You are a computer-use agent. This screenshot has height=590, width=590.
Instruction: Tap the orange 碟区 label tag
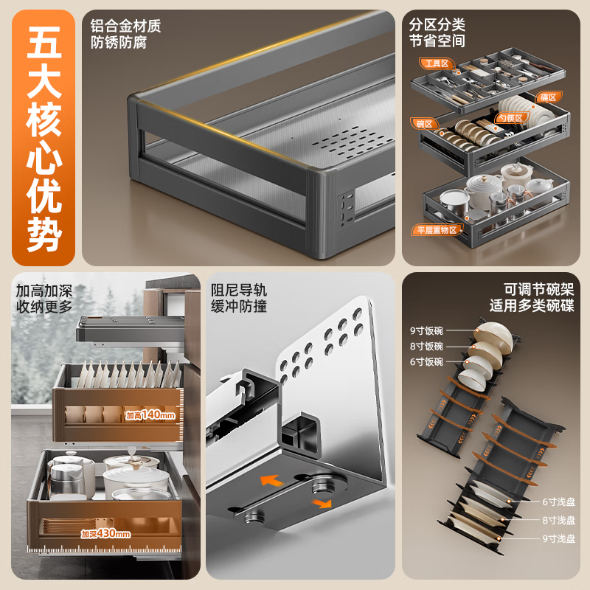coord(548,97)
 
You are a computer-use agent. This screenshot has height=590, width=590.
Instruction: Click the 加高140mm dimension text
coord(150,416)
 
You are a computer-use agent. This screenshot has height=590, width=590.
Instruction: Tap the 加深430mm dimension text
coord(105,533)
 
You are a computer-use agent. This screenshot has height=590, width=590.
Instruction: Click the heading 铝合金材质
coord(125,27)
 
